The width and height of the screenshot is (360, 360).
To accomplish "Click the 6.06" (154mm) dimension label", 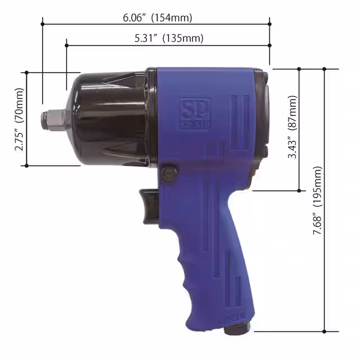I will (157, 17).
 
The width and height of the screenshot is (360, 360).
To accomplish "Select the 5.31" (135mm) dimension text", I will (169, 38).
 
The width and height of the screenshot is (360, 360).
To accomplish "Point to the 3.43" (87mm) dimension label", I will (292, 129).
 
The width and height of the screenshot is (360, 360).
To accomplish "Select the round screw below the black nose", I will (168, 173).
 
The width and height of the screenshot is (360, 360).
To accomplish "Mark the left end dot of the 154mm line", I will (43, 24).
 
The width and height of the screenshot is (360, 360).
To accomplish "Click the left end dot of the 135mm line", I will (66, 44).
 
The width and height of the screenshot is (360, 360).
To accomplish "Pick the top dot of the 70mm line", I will (26, 72).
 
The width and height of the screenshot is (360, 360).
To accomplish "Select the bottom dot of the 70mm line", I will (26, 165).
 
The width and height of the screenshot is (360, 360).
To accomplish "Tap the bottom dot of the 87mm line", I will (299, 190).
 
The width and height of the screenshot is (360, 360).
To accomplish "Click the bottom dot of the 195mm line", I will (325, 331).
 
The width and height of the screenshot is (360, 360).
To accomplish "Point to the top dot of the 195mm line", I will (325, 69).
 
